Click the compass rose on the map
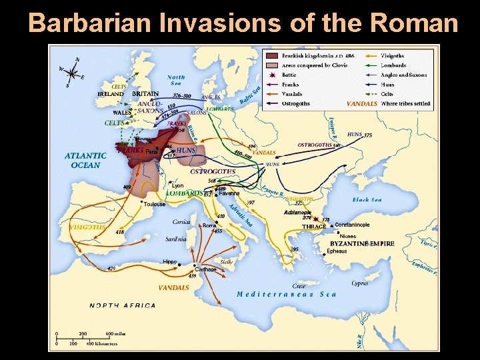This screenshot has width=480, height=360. pos(71,71)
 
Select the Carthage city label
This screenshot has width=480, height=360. pos(205,269)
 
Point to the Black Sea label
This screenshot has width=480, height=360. pos(367,199)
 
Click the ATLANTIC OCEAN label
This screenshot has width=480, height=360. pos(83,160)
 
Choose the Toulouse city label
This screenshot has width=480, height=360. pos(154,204)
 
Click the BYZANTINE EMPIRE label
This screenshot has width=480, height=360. pos(362,244)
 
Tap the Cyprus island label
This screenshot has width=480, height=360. pos(359,283)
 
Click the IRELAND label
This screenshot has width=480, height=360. pos(111,95)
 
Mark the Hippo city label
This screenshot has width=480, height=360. pos(170,262)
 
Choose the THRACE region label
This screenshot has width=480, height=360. pos(314,227)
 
